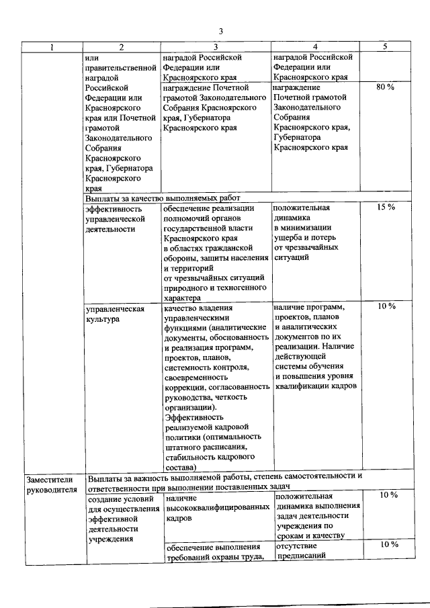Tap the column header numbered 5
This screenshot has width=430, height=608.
pos(385,47)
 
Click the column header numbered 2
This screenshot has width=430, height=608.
pos(122,47)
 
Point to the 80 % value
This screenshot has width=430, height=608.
pos(385,87)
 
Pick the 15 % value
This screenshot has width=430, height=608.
pos(385,208)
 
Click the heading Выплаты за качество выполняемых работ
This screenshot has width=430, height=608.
pos(163,198)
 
